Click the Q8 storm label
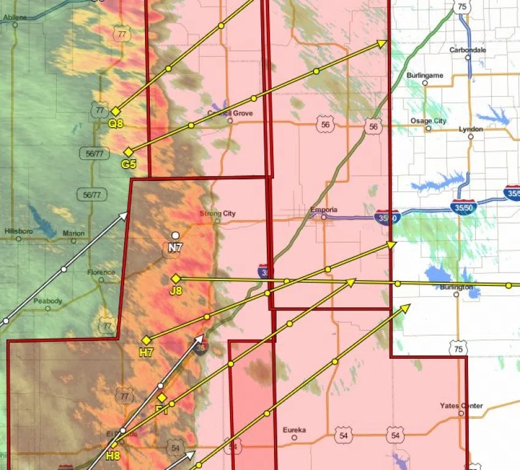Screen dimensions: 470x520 tap(116, 123)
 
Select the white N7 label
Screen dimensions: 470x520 tap(176, 247)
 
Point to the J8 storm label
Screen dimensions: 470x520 tap(176, 290)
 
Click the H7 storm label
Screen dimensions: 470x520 tap(146, 352)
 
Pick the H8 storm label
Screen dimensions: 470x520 tap(113, 455)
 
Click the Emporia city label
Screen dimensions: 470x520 tap(324, 210)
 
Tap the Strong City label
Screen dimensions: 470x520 tap(217, 214)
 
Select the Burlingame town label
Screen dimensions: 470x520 tap(425, 75)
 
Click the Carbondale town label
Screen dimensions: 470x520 tap(467, 50)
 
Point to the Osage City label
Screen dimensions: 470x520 tap(428, 121)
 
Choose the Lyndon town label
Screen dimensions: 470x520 tap(470, 129)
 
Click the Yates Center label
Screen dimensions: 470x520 tap(461, 406)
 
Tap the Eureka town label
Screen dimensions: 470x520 tap(294, 430)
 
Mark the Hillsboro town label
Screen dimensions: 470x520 tap(19, 232)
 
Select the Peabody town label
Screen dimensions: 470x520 tap(48, 301)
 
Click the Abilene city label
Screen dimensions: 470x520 tap(15, 18)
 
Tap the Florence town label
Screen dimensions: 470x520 tap(101, 272)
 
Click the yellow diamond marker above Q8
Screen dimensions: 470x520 tap(115, 111)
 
